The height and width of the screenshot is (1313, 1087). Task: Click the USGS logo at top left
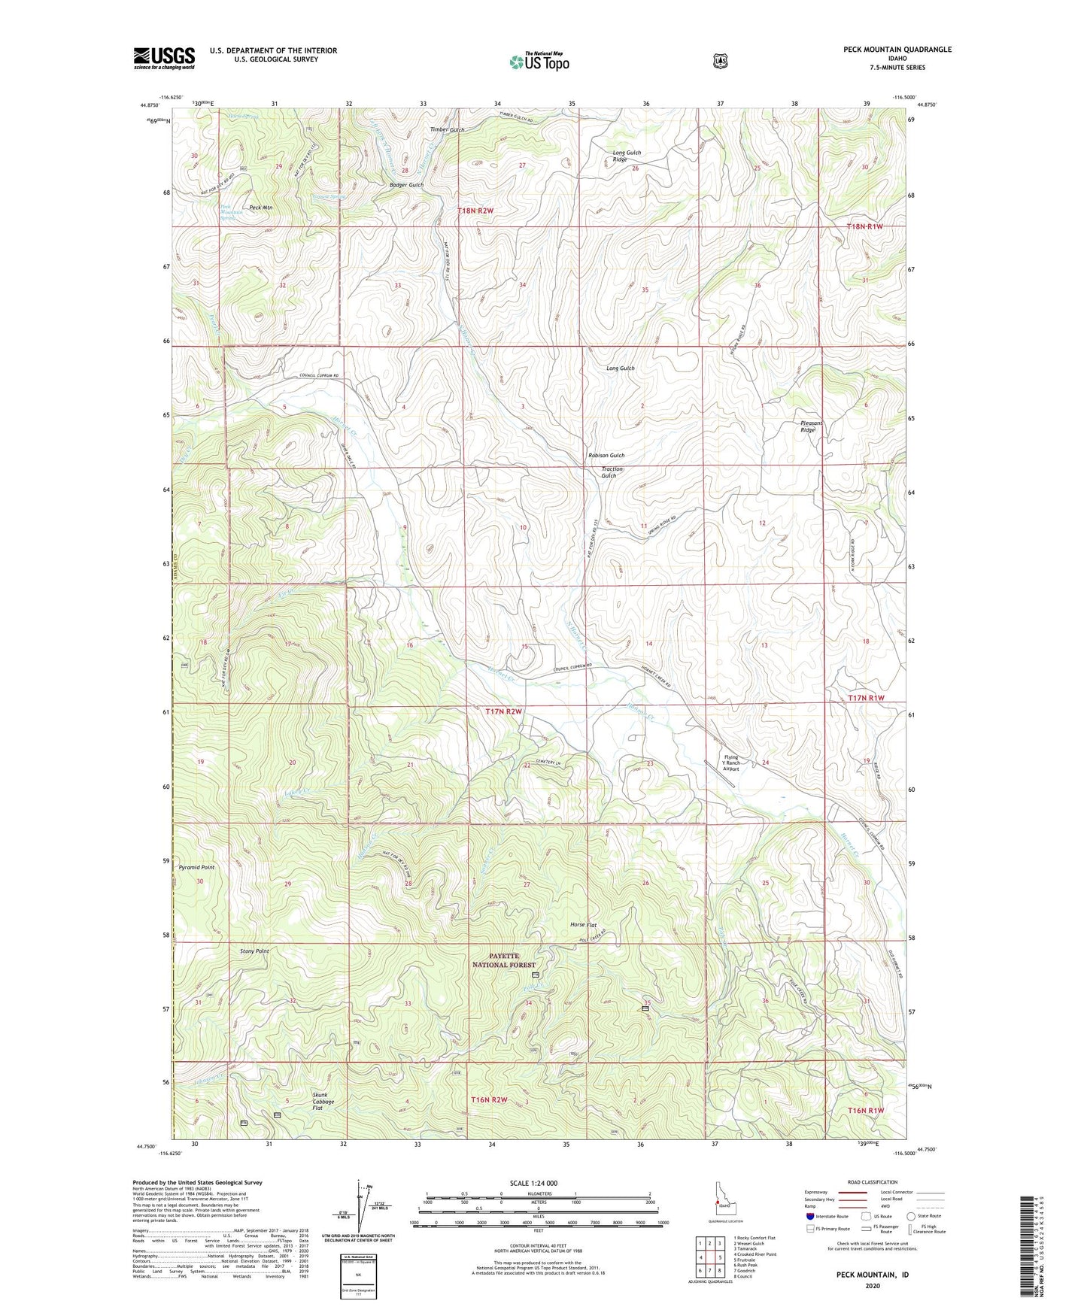(x=164, y=58)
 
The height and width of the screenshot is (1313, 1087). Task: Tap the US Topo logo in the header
(x=539, y=62)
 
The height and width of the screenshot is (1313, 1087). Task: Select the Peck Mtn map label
(x=260, y=208)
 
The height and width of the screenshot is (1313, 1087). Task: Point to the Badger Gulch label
(x=406, y=185)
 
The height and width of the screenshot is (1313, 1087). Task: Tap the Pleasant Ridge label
(x=811, y=426)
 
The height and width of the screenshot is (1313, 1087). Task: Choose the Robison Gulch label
(x=606, y=456)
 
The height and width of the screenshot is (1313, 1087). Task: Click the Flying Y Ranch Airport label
(x=730, y=763)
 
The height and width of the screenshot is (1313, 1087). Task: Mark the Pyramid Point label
(x=196, y=867)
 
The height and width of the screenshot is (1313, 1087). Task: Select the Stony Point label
(x=254, y=951)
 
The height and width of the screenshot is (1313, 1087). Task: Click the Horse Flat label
(x=583, y=925)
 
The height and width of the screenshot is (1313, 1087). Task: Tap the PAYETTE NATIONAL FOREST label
(x=503, y=960)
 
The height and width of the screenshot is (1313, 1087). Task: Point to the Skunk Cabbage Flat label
(x=323, y=1102)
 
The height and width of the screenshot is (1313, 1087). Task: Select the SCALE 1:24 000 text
(x=533, y=1183)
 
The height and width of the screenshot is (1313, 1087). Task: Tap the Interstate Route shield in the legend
(x=809, y=1216)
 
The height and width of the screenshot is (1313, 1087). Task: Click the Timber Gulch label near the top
(x=447, y=130)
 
